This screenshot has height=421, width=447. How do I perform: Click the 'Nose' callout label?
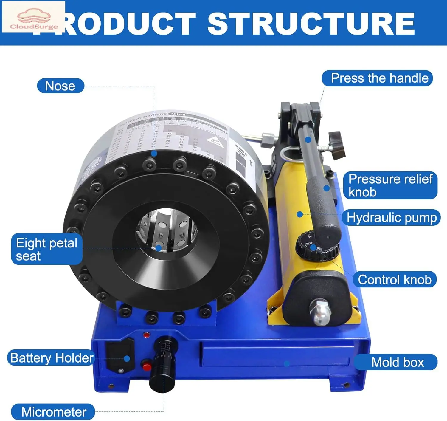click(60, 86)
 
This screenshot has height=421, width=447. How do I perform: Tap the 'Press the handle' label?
click(377, 78)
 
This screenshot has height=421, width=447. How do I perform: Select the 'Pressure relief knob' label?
click(390, 185)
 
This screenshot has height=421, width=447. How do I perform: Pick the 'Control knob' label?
click(395, 280)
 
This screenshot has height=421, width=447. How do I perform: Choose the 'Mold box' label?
click(396, 362)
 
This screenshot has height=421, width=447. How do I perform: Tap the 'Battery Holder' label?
click(51, 358)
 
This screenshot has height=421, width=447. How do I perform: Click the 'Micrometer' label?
click(53, 412)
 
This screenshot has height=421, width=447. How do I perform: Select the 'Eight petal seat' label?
click(47, 249)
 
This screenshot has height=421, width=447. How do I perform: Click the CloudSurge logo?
click(34, 17)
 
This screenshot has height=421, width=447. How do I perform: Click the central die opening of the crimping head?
click(167, 230)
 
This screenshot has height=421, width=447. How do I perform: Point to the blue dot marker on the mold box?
click(287, 363)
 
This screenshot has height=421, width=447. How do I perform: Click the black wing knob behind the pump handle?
click(337, 145)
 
